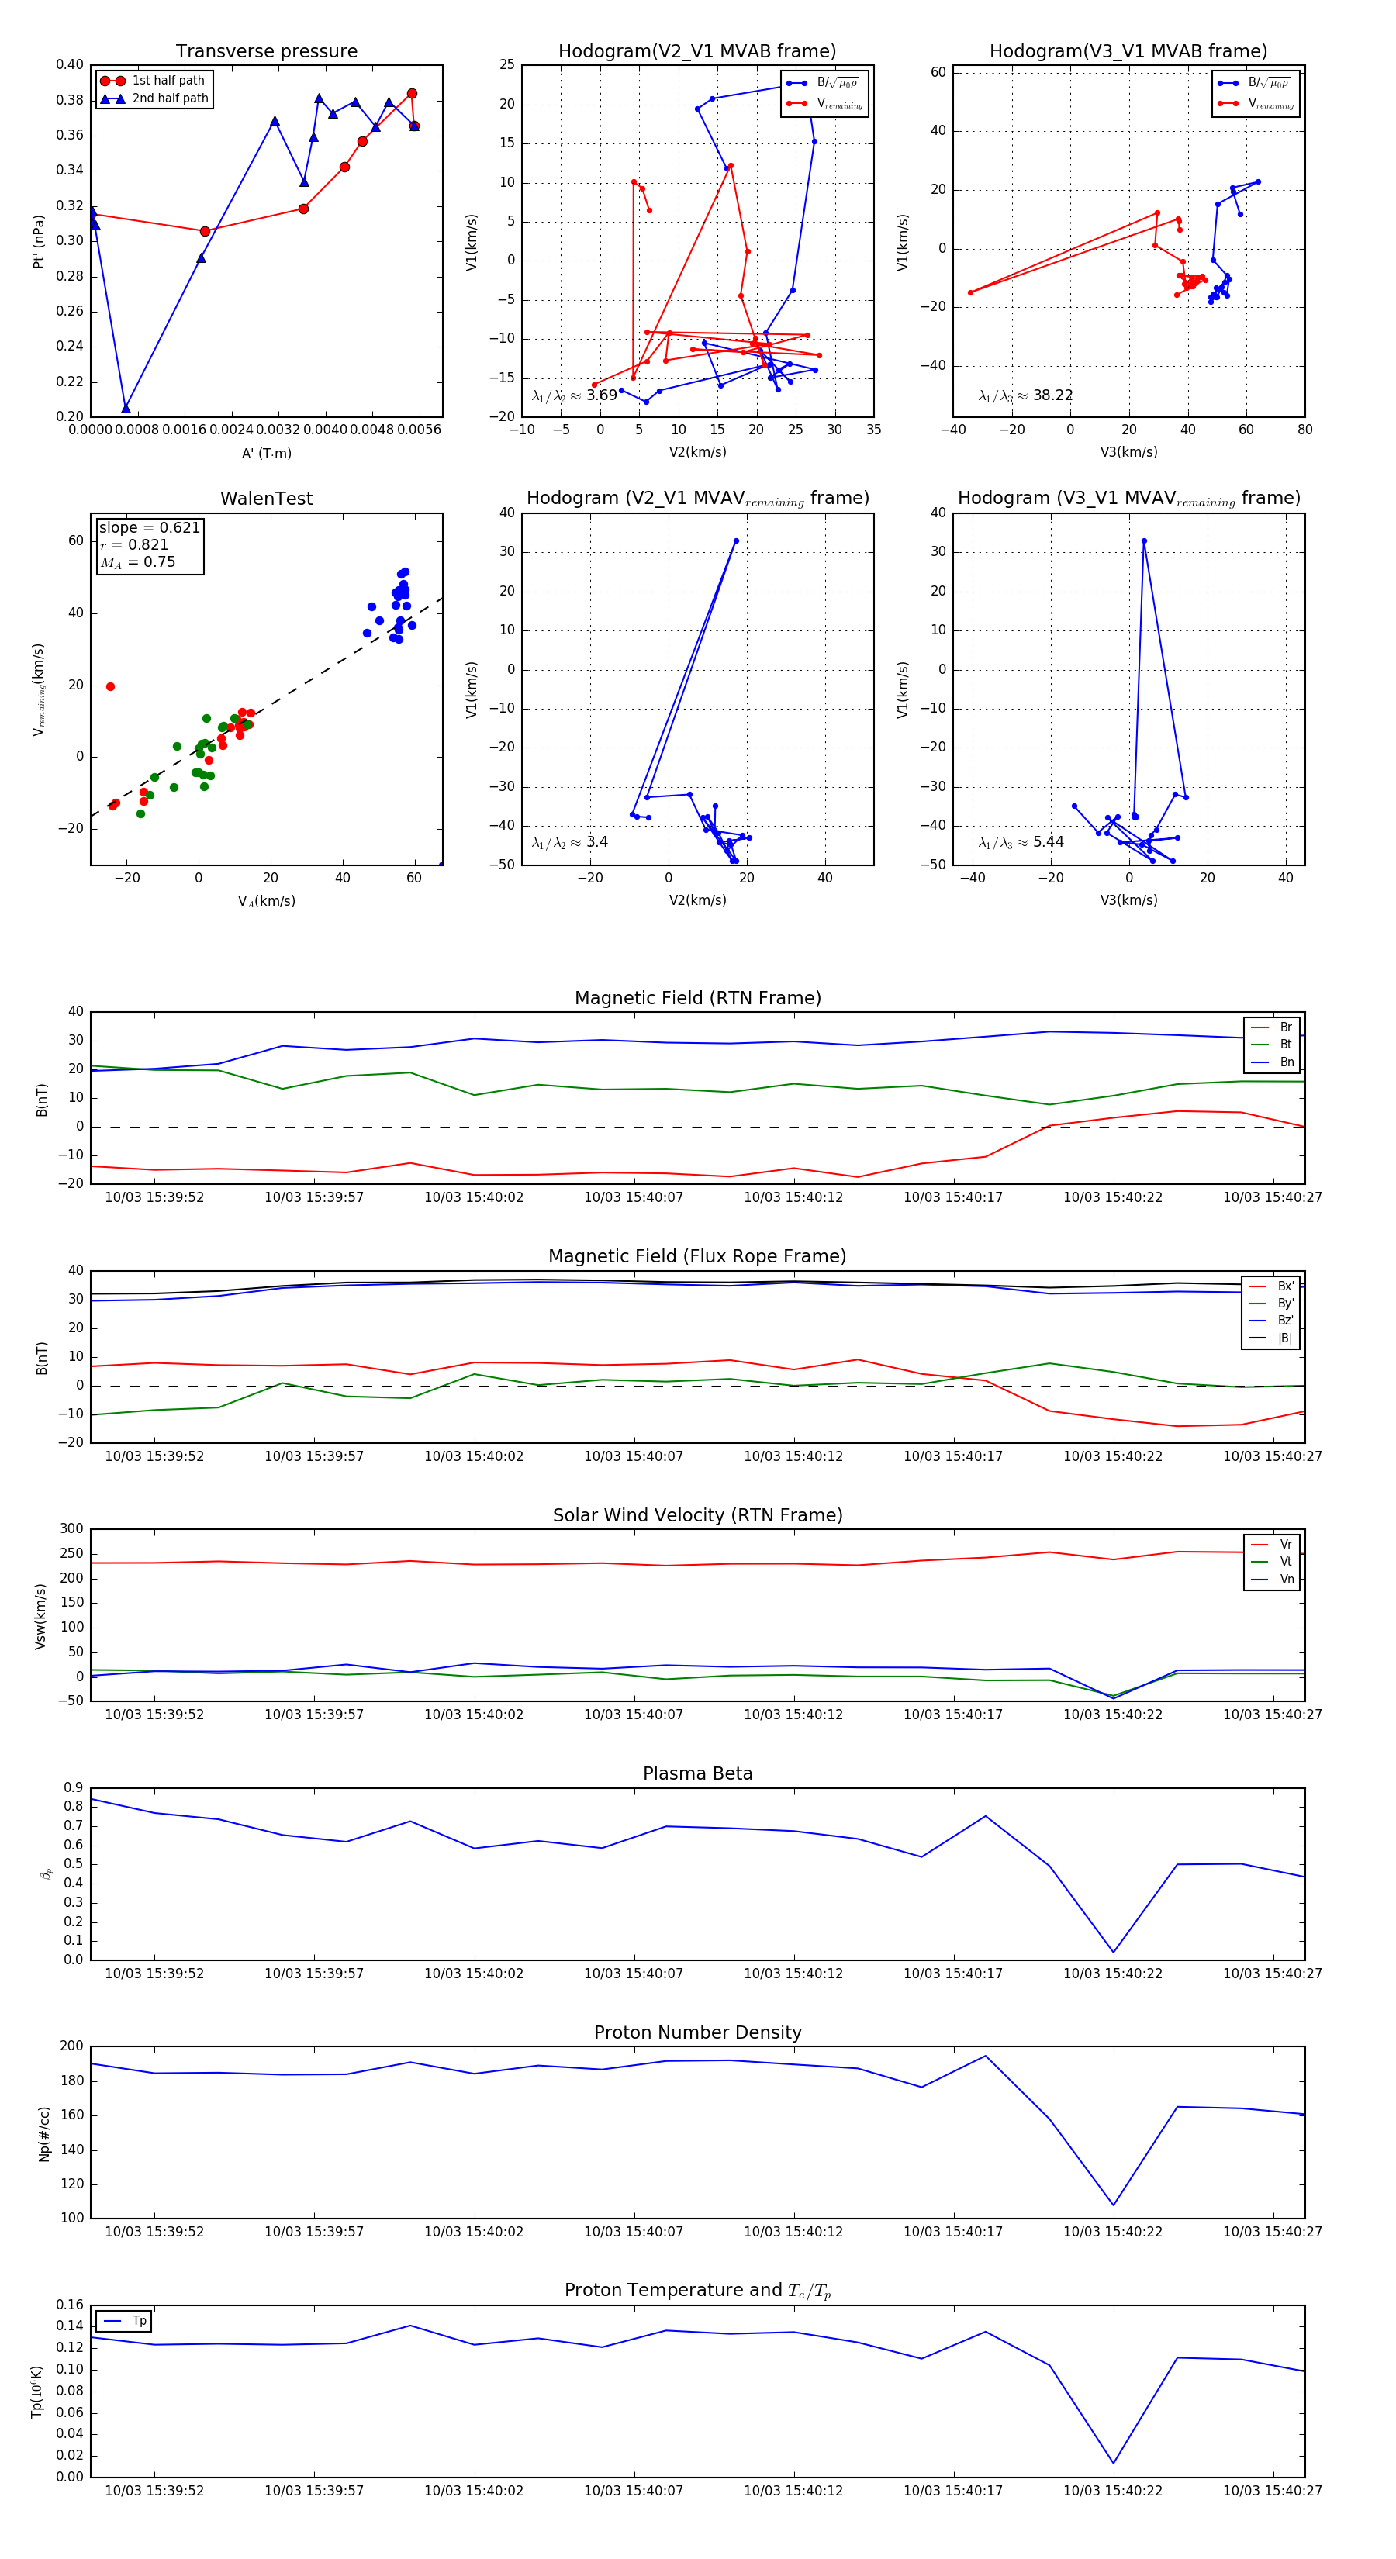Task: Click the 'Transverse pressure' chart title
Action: (x=266, y=52)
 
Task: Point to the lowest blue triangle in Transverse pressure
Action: (x=125, y=409)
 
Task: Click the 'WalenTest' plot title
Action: (x=266, y=499)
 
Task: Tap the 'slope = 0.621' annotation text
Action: (x=149, y=527)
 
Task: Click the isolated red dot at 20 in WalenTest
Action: (x=110, y=686)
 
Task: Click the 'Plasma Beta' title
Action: (x=697, y=1773)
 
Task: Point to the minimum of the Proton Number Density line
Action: (x=1113, y=2205)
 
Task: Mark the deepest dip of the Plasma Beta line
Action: (x=1113, y=1952)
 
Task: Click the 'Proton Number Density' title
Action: (x=697, y=2032)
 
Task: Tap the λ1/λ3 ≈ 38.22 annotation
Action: (x=1025, y=395)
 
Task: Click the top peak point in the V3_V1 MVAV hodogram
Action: (x=1144, y=540)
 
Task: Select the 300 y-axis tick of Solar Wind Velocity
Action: (x=71, y=1529)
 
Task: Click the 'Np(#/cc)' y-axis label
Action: (x=43, y=2134)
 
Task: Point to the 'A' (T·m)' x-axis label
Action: (x=266, y=453)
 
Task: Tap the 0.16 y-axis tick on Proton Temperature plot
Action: (x=70, y=2305)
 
